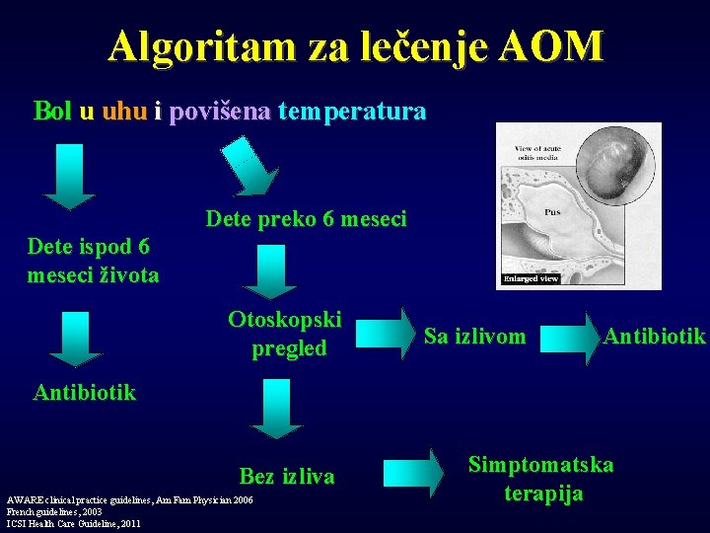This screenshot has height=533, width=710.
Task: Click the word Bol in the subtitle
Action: [52, 111]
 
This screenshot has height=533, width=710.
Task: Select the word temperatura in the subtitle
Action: [352, 111]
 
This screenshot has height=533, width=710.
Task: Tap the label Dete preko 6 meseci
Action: [306, 219]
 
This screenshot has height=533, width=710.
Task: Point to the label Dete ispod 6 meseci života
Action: [93, 261]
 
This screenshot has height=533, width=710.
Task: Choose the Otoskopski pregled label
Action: [285, 334]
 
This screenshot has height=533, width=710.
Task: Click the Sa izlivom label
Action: [474, 337]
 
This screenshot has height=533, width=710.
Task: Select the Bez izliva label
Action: [287, 477]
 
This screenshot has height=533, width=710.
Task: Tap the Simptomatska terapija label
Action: [540, 479]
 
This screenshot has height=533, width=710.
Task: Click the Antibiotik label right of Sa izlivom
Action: [655, 336]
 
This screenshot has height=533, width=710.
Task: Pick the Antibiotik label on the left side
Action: [85, 392]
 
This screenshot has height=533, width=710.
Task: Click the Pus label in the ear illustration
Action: [553, 211]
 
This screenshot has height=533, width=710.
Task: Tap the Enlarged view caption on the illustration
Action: [532, 278]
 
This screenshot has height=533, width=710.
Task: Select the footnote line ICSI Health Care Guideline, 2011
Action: [73, 524]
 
